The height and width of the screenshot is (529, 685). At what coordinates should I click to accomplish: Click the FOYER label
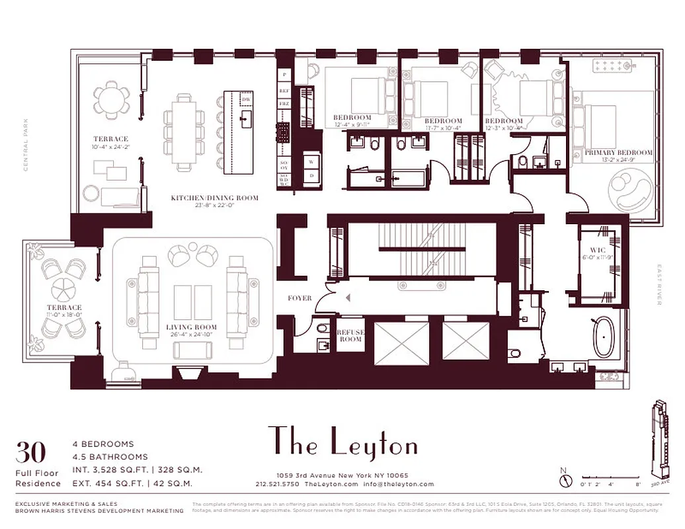300,298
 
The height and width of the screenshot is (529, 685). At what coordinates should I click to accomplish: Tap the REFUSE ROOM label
350,335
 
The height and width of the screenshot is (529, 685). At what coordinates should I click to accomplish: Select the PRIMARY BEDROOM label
619,153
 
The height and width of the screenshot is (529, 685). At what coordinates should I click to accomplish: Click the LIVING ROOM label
192,327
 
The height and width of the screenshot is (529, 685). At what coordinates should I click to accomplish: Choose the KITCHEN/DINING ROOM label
214,198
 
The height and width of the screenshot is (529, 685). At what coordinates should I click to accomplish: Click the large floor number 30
31,452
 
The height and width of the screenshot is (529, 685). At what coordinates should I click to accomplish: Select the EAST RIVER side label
659,285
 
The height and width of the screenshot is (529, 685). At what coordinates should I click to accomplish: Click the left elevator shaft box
401,343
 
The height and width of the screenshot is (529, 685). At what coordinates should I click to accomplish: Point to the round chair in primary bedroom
629,189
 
